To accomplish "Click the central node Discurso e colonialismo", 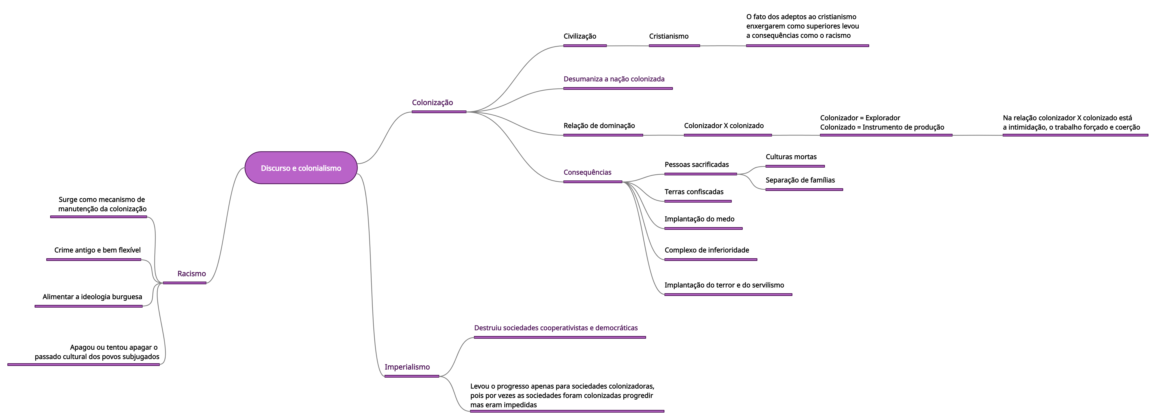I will (x=301, y=168).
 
